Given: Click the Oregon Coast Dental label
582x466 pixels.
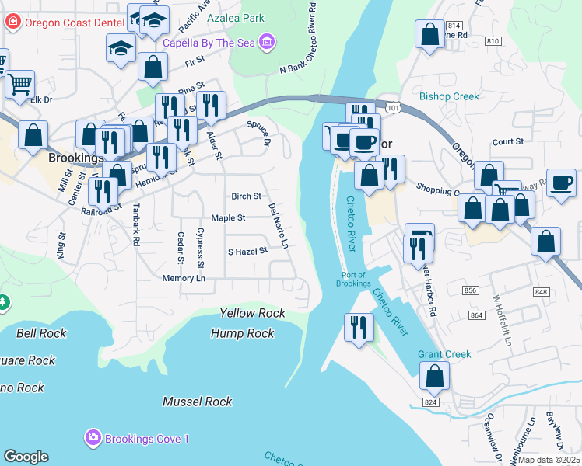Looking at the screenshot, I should pos(73,22).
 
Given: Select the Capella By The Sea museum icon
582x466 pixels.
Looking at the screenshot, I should pos(267,41).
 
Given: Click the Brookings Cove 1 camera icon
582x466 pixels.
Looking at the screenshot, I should pos(94,439).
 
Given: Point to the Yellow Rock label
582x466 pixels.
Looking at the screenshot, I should pos(252,313).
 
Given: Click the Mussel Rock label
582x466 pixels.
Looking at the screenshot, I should pos(197,402).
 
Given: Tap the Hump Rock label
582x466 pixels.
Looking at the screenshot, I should pos(243,333).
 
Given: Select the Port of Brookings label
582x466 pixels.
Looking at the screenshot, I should pos(355,280).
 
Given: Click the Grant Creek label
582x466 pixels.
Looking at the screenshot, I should pos(444,354).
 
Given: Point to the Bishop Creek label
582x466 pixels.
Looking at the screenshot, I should pos(449,96).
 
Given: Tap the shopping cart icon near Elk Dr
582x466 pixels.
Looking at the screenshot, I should pos(19,83).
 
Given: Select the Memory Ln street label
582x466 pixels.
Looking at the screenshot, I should pos(184,278).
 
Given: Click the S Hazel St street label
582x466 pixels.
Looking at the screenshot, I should pos(247,251).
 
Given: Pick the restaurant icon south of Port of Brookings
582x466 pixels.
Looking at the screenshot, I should pos(358,325).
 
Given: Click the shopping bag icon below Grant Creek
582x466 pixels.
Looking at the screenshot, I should pos(435,377).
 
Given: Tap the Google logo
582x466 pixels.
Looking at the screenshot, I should pos(26,457).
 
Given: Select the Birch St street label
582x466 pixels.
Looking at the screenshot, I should pos(246,196).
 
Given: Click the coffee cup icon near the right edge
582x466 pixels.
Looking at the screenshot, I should pos(561,183).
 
